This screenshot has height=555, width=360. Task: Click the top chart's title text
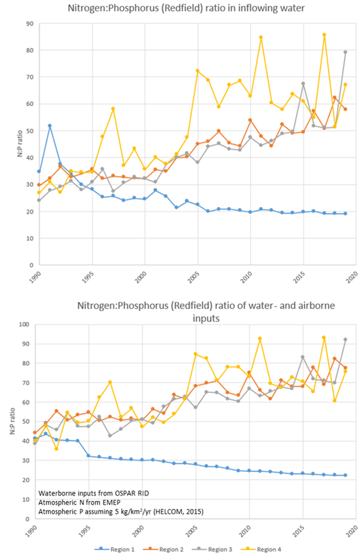click(x=186, y=8)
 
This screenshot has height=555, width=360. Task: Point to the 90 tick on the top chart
click(x=30, y=24)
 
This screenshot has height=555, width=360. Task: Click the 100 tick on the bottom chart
click(x=24, y=324)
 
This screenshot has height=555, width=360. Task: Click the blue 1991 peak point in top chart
click(x=50, y=126)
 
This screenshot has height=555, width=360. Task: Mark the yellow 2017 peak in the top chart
click(x=324, y=35)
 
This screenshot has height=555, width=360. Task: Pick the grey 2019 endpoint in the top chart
click(x=345, y=52)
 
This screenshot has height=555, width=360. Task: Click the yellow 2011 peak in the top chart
click(x=261, y=37)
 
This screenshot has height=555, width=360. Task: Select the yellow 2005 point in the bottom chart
click(x=195, y=354)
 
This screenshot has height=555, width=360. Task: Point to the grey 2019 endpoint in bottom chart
click(x=345, y=339)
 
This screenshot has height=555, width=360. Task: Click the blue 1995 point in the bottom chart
click(x=88, y=456)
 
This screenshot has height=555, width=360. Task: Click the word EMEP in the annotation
click(x=112, y=502)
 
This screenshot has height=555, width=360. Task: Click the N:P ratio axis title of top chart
click(x=20, y=144)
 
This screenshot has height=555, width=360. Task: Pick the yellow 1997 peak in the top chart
click(x=113, y=109)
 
